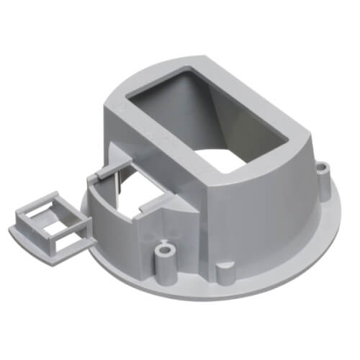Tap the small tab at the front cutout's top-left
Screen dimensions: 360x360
coord(100,175)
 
